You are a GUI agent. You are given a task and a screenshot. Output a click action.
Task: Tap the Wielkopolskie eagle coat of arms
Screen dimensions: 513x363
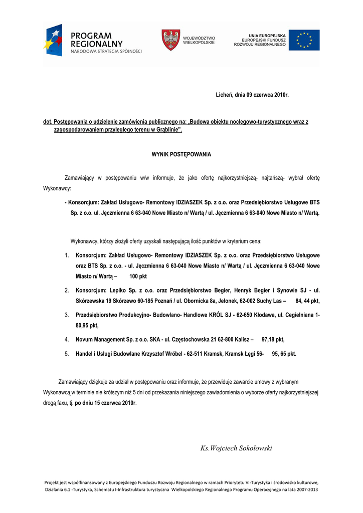click(x=170, y=40)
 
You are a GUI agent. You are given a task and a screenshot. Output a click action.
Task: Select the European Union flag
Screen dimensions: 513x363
click(x=303, y=40)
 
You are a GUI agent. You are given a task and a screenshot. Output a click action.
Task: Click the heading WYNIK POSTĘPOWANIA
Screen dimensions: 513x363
click(x=181, y=154)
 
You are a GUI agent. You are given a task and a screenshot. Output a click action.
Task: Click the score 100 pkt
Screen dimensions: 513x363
click(x=138, y=277)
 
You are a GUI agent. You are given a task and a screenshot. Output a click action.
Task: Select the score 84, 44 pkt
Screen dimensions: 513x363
click(x=307, y=301)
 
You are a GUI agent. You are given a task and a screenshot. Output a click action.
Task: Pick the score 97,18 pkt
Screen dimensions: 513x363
click(x=273, y=339)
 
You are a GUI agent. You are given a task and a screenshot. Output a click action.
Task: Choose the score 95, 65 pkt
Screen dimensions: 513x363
click(x=284, y=354)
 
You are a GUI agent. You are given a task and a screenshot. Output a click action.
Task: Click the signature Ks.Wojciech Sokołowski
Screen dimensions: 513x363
click(x=236, y=448)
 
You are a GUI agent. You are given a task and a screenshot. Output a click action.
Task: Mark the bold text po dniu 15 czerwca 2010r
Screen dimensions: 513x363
click(x=105, y=403)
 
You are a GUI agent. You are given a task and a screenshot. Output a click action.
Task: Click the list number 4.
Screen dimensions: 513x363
click(x=66, y=339)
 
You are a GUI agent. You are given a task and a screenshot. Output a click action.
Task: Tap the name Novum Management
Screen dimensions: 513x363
click(x=100, y=339)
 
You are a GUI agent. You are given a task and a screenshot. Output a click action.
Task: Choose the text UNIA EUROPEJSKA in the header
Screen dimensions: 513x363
click(x=267, y=35)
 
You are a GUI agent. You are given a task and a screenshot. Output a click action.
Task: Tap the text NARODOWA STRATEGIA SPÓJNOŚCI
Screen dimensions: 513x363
click(x=106, y=51)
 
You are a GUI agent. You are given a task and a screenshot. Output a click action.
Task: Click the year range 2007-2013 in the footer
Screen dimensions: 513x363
click(x=305, y=489)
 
